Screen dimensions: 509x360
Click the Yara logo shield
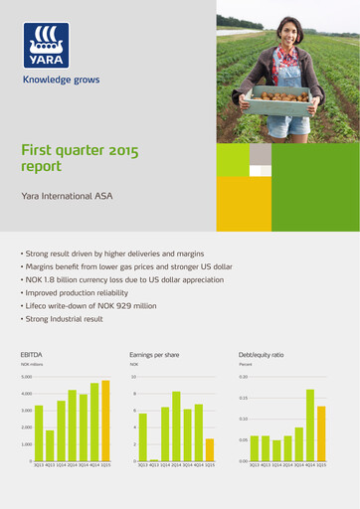[47, 45]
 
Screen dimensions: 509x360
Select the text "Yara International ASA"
[67, 197]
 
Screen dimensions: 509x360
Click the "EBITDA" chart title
[32, 353]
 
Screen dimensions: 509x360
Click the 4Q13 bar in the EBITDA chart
[50, 445]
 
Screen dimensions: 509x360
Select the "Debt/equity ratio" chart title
[261, 353]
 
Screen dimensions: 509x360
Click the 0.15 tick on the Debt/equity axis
[244, 399]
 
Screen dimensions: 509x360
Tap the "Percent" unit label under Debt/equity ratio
[247, 365]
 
